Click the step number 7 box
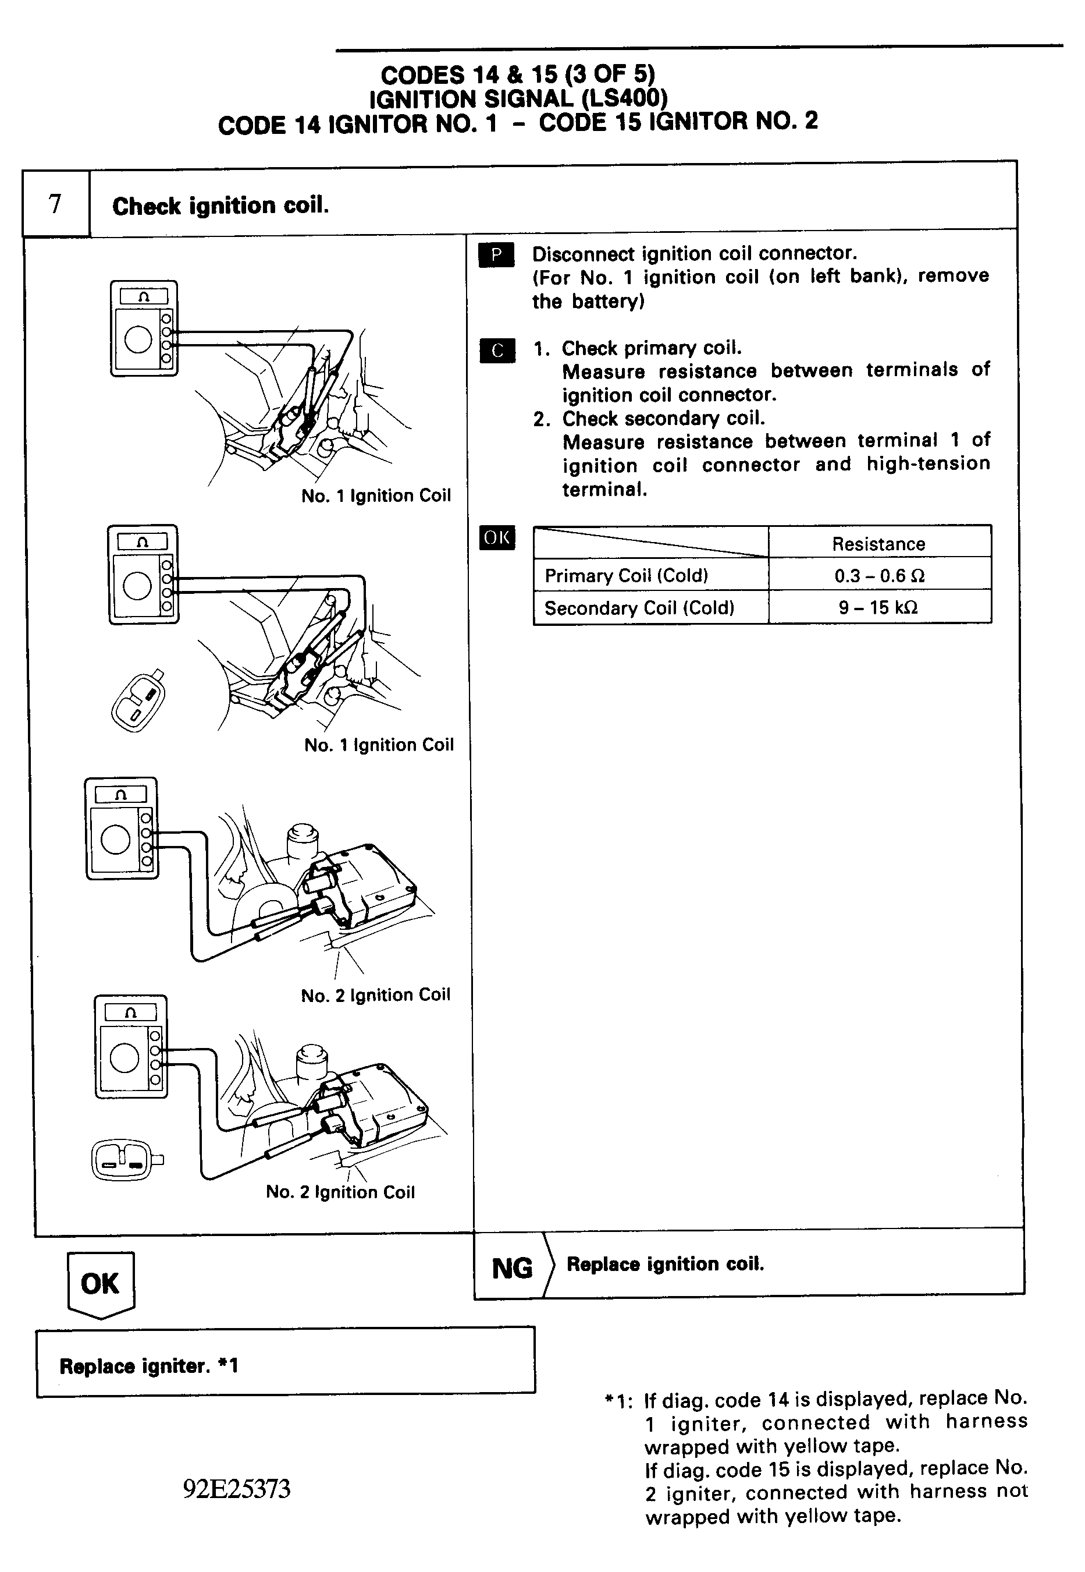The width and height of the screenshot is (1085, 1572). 56,203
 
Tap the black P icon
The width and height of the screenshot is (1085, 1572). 496,255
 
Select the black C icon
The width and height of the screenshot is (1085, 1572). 497,350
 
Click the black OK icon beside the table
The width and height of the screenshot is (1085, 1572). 497,537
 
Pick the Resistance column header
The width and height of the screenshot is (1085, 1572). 878,543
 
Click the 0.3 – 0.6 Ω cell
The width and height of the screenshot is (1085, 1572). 878,575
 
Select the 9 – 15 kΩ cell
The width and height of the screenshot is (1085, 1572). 878,607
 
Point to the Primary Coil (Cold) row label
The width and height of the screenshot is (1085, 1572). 626,575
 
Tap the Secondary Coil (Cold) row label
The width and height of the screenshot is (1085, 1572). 639,607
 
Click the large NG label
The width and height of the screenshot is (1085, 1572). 512,1268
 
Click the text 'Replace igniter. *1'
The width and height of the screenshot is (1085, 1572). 149,1366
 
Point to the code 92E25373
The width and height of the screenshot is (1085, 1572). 237,1489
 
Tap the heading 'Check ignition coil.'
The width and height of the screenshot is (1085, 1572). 220,206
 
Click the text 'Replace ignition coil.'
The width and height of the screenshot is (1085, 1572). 665,1264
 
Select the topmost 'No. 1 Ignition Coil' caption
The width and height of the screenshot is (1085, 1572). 376,496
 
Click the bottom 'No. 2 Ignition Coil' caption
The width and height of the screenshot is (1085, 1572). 340,1192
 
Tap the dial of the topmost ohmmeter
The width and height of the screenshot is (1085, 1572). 138,339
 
